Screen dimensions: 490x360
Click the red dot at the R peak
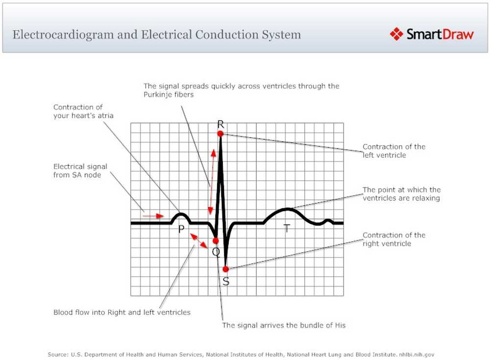tap(220, 133)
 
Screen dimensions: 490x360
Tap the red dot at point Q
tap(216, 240)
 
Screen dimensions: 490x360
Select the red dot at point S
tap(225, 269)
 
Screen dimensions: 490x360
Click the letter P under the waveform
tap(181, 229)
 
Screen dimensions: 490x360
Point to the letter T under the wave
tap(287, 228)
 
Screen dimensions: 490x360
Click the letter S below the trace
tap(226, 282)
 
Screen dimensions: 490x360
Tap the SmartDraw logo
tap(432, 34)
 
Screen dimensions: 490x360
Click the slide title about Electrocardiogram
tap(157, 35)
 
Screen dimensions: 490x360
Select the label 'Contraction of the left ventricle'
tap(394, 151)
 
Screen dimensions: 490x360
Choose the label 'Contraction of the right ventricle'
tap(394, 239)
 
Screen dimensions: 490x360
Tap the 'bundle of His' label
tap(284, 325)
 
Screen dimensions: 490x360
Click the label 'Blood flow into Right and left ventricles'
tap(122, 312)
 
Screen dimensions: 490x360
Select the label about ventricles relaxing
tap(401, 194)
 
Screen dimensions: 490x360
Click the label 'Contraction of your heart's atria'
tap(85, 111)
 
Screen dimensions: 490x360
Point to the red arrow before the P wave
tap(153, 215)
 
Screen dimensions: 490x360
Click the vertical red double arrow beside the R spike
tap(212, 181)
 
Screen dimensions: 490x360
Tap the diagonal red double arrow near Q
tap(198, 240)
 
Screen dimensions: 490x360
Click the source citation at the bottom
tap(241, 354)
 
